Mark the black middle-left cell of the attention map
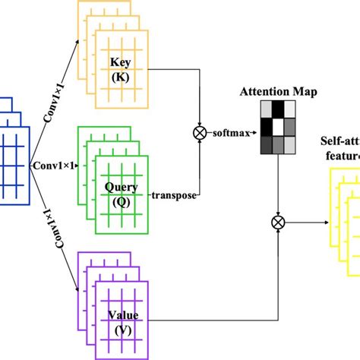[265, 128]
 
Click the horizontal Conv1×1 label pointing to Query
[55, 163]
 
